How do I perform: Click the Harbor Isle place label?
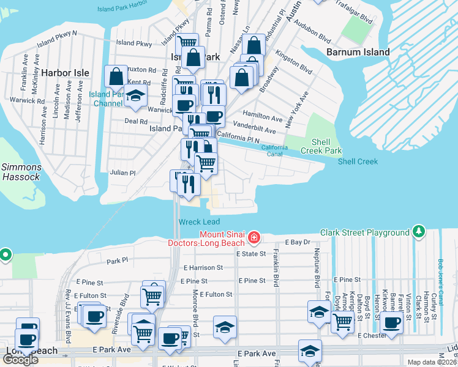pos(64,73)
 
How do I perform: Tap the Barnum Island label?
pos(358,52)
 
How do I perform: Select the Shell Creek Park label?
pos(321,146)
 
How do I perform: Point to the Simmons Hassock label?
pos(21,172)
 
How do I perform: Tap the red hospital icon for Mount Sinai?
pos(253,237)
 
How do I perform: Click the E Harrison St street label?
pos(203,267)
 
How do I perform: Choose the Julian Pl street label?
pos(122,173)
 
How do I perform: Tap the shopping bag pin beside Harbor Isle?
pos(116,76)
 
